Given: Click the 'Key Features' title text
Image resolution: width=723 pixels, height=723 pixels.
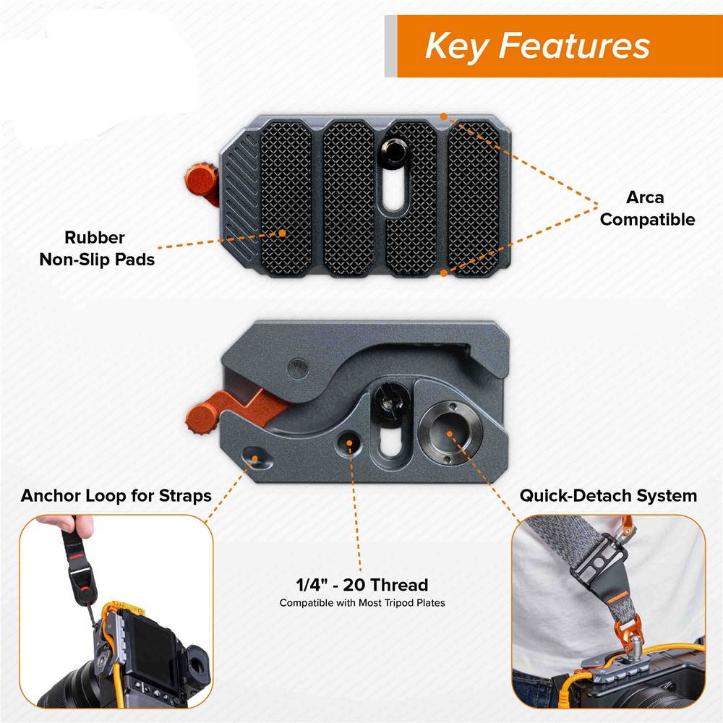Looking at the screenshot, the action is click(x=537, y=46).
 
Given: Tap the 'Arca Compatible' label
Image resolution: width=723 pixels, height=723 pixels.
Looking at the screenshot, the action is click(x=647, y=208).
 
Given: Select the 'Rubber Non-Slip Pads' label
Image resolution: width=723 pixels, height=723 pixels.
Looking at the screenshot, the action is click(x=97, y=249).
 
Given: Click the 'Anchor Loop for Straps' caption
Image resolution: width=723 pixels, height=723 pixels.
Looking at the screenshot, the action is click(x=116, y=496).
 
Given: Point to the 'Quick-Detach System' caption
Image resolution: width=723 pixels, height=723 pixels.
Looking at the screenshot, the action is click(x=608, y=496).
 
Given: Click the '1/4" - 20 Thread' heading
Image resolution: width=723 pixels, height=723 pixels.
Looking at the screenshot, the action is click(x=362, y=585).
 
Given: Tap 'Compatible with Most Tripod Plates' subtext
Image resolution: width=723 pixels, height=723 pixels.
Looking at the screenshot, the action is click(x=362, y=603).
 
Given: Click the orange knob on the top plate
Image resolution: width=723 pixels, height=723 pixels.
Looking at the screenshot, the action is click(x=202, y=183).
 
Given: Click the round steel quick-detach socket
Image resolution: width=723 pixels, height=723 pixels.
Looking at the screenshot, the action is click(x=450, y=433).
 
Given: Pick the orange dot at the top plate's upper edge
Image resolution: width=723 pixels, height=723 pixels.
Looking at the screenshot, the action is click(x=444, y=116).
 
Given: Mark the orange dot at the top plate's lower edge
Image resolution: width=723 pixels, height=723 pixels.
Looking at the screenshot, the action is click(x=444, y=273).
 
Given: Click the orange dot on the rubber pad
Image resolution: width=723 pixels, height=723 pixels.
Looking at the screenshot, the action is click(x=282, y=233).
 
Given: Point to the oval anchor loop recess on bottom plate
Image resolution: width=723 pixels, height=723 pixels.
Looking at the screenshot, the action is click(x=257, y=458).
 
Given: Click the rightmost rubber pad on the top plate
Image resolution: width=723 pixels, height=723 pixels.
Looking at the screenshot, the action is click(x=474, y=199).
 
